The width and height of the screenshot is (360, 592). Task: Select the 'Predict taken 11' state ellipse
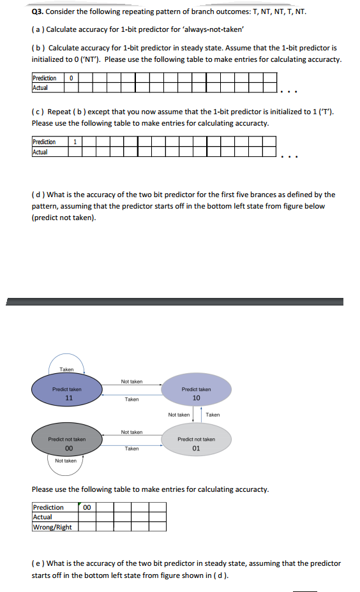tap(67, 393)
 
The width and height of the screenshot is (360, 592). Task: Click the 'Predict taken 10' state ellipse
tap(196, 393)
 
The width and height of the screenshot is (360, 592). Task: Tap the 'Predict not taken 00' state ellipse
tap(67, 443)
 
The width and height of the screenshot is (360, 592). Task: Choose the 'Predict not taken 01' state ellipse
tap(196, 443)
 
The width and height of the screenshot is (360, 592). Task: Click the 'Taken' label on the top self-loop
tap(66, 369)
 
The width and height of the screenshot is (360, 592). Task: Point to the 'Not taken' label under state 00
tap(66, 461)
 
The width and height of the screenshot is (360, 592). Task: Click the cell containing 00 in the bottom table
tap(87, 508)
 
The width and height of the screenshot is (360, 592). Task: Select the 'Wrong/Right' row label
tap(52, 527)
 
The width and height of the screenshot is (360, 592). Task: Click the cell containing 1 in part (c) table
tap(76, 142)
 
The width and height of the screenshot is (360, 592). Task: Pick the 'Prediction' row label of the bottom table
tap(48, 508)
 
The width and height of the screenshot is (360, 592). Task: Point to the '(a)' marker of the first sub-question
tap(37, 29)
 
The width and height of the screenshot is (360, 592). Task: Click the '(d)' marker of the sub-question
tap(37, 195)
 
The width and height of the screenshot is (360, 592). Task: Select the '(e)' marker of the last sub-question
tap(37, 563)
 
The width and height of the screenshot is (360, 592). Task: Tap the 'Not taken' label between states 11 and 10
tap(131, 381)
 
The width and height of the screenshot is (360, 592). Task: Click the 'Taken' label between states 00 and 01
tap(131, 448)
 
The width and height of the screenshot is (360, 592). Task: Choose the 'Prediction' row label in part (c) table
tap(43, 142)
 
